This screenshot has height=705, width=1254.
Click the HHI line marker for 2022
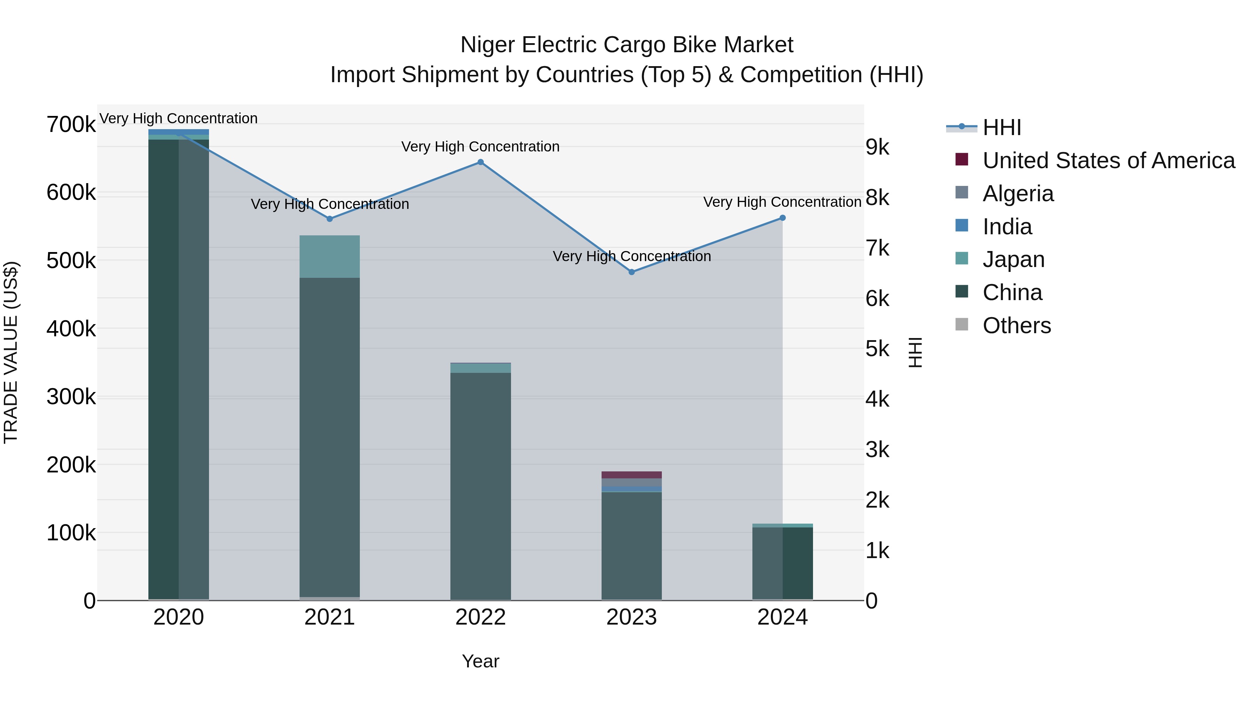point(480,162)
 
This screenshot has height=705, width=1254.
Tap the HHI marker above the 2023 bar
point(632,272)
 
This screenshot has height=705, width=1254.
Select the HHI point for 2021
point(330,219)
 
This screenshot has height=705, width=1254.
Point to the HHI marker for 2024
point(782,218)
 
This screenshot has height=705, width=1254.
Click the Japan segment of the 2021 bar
point(330,256)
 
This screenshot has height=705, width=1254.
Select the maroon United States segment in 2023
point(632,475)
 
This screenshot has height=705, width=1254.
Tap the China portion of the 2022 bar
point(480,487)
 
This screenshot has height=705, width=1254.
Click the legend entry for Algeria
point(1017,194)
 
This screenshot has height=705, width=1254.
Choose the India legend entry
point(1007,227)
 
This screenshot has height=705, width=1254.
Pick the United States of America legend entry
point(1108,160)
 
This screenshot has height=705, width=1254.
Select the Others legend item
point(1016,326)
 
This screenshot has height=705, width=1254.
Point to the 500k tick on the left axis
point(71,261)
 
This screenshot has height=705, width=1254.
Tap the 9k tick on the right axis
point(877,147)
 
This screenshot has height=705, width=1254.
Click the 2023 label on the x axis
point(632,617)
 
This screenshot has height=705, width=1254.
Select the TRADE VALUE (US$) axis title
point(11,352)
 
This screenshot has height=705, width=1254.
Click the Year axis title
point(480,661)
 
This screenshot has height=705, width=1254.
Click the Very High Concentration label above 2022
point(480,147)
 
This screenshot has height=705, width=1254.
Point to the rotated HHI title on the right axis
point(915,352)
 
